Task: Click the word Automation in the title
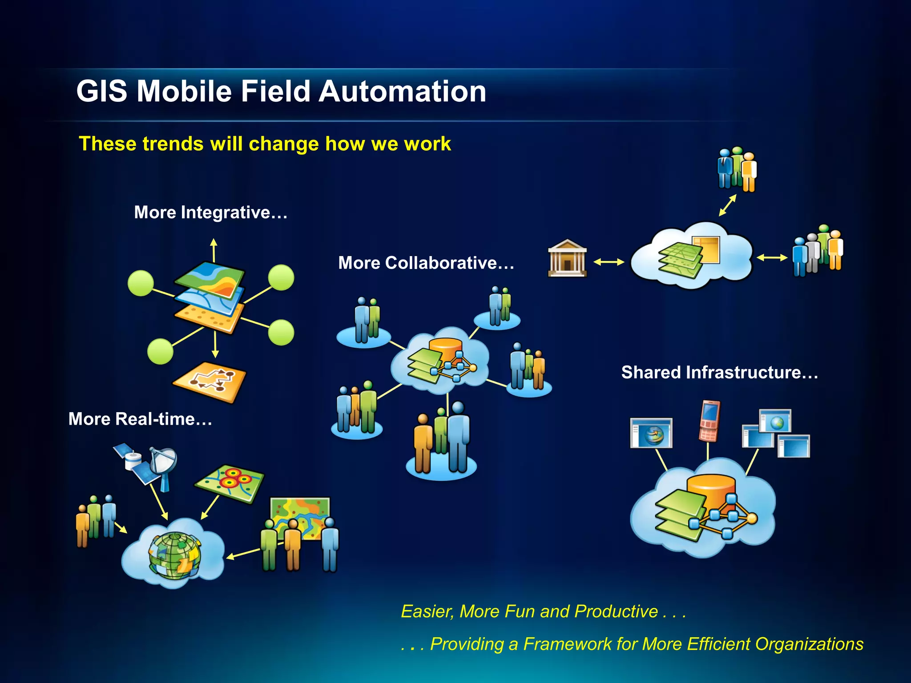click(402, 91)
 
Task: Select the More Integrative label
click(210, 213)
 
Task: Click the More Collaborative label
click(426, 263)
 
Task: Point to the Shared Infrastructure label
click(719, 372)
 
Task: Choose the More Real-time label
click(140, 419)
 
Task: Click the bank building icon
click(567, 259)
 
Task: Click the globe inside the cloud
click(174, 556)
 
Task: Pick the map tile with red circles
click(230, 483)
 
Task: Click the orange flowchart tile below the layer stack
click(210, 382)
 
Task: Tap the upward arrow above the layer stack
click(214, 250)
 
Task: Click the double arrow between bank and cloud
click(609, 262)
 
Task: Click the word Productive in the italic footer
click(616, 611)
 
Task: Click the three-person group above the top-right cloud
click(737, 169)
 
